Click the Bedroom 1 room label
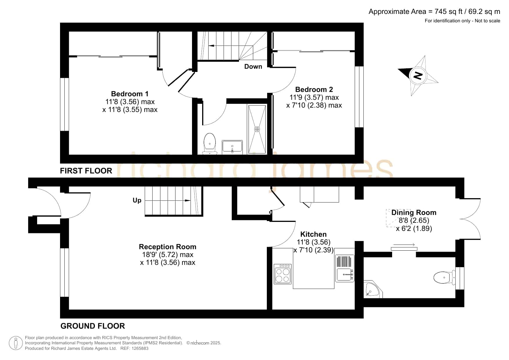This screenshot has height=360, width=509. click(x=130, y=94)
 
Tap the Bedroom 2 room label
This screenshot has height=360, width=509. click(x=314, y=89)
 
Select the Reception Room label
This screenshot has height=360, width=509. click(x=168, y=247)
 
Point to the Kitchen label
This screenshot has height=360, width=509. click(x=313, y=234)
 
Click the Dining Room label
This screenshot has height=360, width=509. click(x=414, y=213)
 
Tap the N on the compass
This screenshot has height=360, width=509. click(x=418, y=75)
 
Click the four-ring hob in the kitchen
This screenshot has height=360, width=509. click(x=282, y=274)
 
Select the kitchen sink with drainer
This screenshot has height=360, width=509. click(x=345, y=268)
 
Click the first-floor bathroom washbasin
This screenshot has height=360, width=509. click(x=232, y=147)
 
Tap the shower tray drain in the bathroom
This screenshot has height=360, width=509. click(x=257, y=129)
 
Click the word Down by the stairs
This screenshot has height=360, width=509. click(x=253, y=66)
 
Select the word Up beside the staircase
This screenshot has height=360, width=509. click(x=137, y=200)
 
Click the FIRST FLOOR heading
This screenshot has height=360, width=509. click(x=86, y=171)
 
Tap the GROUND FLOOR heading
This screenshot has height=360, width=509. click(x=93, y=326)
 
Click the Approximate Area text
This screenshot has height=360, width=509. click(x=434, y=12)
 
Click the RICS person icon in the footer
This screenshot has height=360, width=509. click(x=16, y=343)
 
